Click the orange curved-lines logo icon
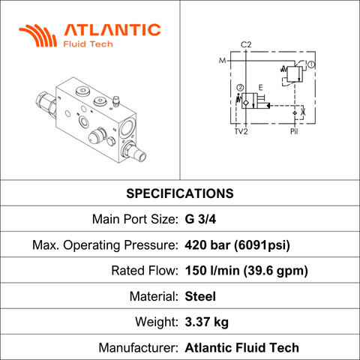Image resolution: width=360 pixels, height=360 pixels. click(x=38, y=35)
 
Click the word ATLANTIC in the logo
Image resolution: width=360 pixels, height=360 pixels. click(x=112, y=30)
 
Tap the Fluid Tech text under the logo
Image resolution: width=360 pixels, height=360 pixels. click(x=88, y=44)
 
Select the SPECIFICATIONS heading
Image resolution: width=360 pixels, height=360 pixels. click(x=180, y=193)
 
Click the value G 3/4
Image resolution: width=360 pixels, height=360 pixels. click(x=200, y=219)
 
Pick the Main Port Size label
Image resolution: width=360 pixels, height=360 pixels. click(x=135, y=219)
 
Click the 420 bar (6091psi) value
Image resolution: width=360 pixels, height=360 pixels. click(x=238, y=245)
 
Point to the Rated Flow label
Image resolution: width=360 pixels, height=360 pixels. click(x=145, y=271)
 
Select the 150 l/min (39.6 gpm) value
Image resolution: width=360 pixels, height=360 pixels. click(x=247, y=271)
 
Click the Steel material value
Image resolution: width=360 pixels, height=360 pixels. click(x=200, y=296)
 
